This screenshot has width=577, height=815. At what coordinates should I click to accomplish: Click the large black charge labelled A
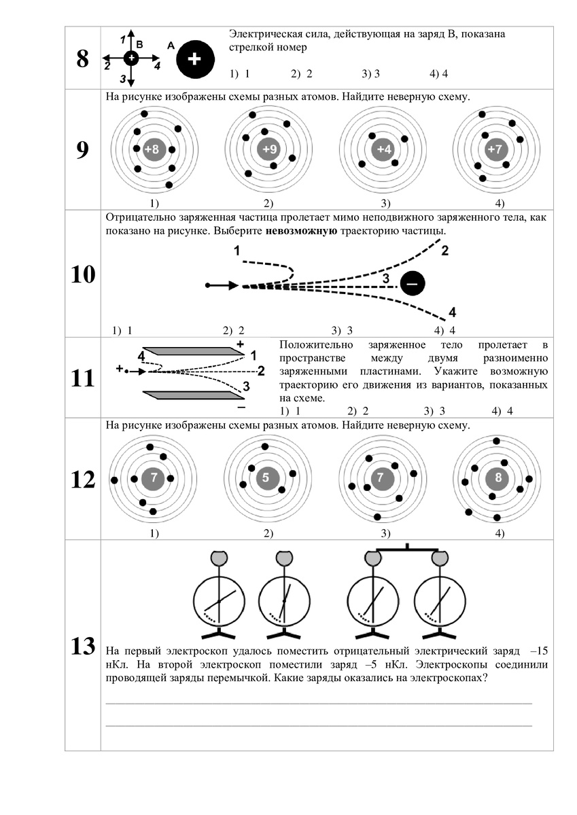click(x=194, y=60)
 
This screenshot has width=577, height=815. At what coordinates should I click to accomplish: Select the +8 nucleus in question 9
click(x=154, y=149)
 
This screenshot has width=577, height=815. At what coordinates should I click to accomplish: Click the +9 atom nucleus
click(x=268, y=149)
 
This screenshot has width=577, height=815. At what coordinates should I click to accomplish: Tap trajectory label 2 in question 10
click(x=444, y=251)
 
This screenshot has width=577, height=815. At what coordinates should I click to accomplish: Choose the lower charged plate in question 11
click(x=194, y=395)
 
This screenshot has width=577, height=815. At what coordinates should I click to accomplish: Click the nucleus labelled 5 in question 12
click(x=266, y=477)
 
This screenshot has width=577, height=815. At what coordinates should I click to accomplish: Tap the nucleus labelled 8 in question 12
click(x=498, y=477)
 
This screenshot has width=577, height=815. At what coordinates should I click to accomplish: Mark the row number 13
click(x=83, y=647)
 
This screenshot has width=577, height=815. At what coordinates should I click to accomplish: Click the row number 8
click(x=83, y=59)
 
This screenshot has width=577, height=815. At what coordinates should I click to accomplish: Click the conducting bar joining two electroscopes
click(x=406, y=548)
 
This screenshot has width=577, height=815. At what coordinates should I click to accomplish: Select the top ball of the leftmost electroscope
click(x=219, y=558)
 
